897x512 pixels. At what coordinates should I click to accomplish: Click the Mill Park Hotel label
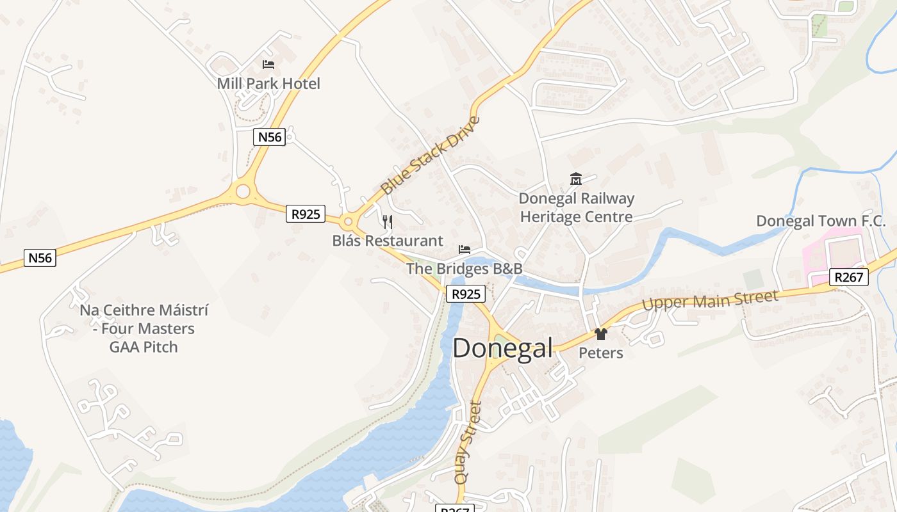268,83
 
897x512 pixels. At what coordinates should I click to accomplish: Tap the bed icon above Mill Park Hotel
268,65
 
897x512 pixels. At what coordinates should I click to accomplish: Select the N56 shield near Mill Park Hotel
269,137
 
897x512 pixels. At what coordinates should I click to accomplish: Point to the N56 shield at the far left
40,258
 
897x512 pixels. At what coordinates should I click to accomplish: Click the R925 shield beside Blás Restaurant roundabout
306,214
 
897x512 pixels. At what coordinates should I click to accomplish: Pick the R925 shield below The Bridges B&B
466,294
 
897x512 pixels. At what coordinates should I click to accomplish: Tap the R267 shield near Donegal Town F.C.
850,277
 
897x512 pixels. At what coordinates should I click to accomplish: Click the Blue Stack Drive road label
429,156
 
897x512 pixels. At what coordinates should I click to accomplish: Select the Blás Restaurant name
388,241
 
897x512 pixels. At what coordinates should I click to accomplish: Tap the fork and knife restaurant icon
387,222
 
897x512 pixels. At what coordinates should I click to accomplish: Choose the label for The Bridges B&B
465,269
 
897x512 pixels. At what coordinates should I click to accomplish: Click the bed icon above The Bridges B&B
465,250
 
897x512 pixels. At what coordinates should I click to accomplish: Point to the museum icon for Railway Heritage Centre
575,179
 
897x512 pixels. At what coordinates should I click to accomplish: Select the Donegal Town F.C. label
821,221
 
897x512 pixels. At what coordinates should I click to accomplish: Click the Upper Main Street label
710,300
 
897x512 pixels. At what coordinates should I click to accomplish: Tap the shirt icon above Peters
600,334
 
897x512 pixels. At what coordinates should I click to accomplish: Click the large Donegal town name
502,348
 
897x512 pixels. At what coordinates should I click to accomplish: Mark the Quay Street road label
466,442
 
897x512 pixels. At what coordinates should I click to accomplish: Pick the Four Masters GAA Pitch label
144,328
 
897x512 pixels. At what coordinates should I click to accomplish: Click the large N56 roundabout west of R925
242,190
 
